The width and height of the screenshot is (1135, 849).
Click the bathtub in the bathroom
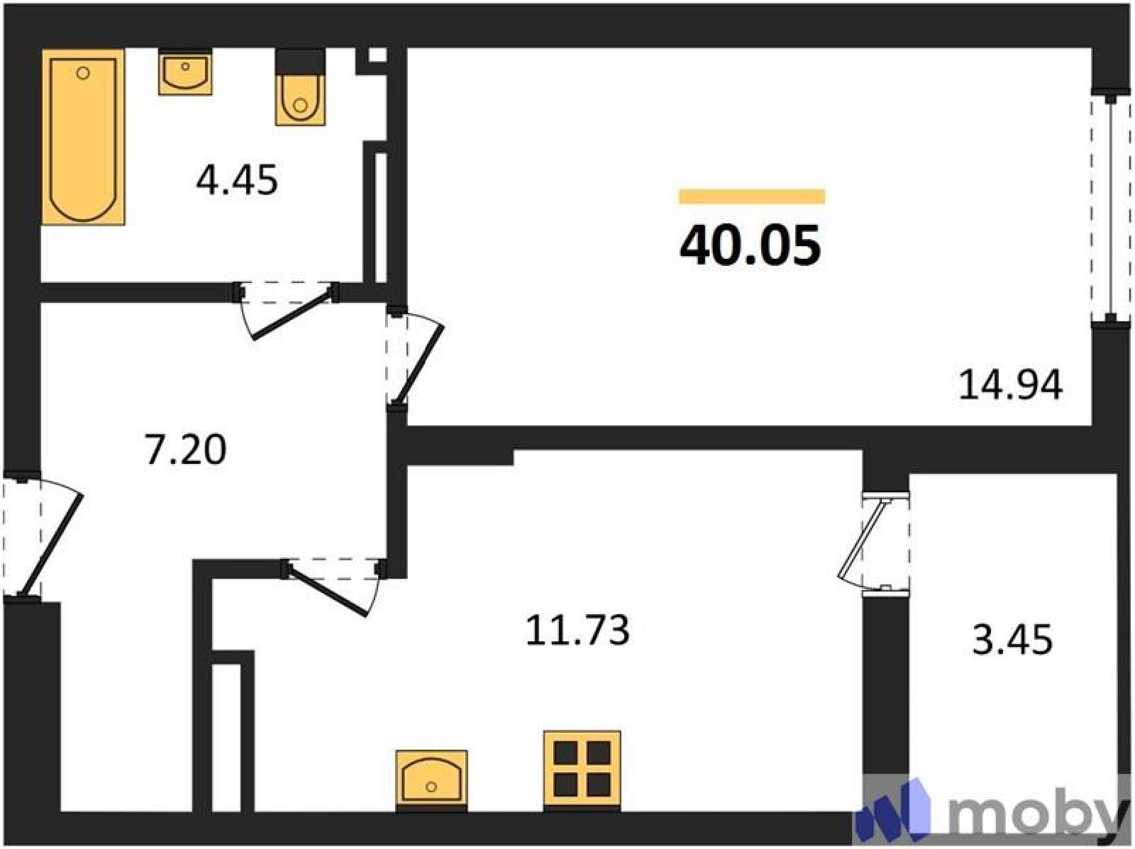[83, 137]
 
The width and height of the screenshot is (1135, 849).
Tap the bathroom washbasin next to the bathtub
[185, 72]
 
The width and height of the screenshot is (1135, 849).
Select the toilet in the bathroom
[301, 88]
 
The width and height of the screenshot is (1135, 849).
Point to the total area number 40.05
[751, 245]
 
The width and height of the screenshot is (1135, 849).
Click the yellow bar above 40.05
[752, 196]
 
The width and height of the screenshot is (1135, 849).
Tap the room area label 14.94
[1010, 385]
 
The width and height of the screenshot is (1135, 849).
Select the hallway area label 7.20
[186, 449]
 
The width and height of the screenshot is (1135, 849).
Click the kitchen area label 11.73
[577, 631]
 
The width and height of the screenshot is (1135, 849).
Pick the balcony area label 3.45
[1012, 640]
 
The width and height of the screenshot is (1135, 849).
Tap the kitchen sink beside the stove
[432, 780]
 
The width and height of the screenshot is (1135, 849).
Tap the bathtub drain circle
[83, 73]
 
